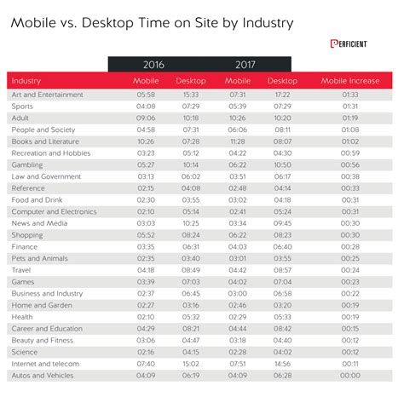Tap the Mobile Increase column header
tap(349, 80)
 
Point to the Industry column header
tap(27, 80)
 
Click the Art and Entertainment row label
tap(48, 95)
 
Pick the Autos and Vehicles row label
tap(43, 375)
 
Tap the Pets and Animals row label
tap(37, 257)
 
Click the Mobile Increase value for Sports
tap(350, 107)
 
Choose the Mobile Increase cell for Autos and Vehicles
tap(350, 375)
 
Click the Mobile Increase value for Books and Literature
tap(350, 141)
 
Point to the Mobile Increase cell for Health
tap(350, 316)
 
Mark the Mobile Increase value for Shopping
tap(350, 234)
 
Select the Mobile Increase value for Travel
tap(350, 269)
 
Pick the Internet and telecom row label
tap(44, 363)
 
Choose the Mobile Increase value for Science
tap(350, 351)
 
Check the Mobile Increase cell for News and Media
tap(350, 223)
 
